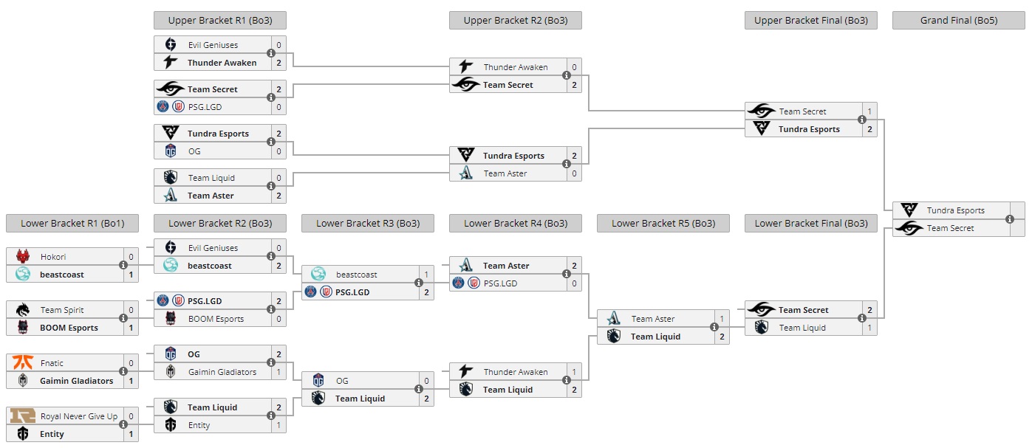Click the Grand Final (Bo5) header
click(x=958, y=21)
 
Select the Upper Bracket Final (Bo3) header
click(x=810, y=21)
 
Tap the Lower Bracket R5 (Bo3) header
click(x=663, y=224)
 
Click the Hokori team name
click(x=53, y=257)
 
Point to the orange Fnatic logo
click(x=23, y=363)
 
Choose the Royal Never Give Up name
click(x=79, y=416)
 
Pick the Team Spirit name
click(x=61, y=310)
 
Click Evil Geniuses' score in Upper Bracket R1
click(x=278, y=45)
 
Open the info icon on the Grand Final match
click(x=1010, y=219)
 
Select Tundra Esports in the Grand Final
click(x=955, y=210)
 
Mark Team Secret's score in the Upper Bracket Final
click(x=869, y=111)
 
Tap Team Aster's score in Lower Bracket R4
click(x=574, y=266)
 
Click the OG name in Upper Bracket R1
click(x=194, y=151)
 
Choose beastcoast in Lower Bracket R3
click(x=357, y=275)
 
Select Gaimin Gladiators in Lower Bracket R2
click(x=222, y=372)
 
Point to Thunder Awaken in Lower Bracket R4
click(x=515, y=372)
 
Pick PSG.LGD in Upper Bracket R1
click(x=205, y=107)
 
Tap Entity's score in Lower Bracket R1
click(x=131, y=434)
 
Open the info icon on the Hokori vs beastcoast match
click(x=123, y=266)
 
